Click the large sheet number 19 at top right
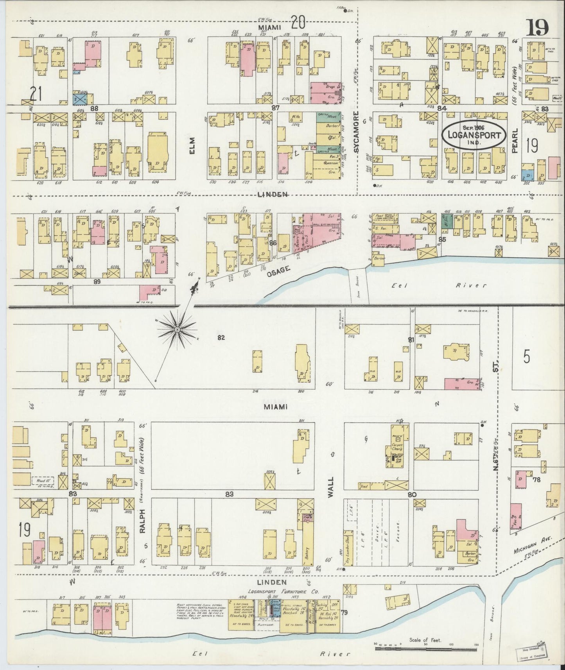(x=538, y=27)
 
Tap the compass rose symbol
(x=177, y=331)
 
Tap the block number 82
(x=221, y=337)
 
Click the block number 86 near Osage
(x=273, y=243)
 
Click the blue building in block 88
(x=79, y=98)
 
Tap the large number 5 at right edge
(x=527, y=356)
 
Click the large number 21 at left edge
(x=36, y=94)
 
